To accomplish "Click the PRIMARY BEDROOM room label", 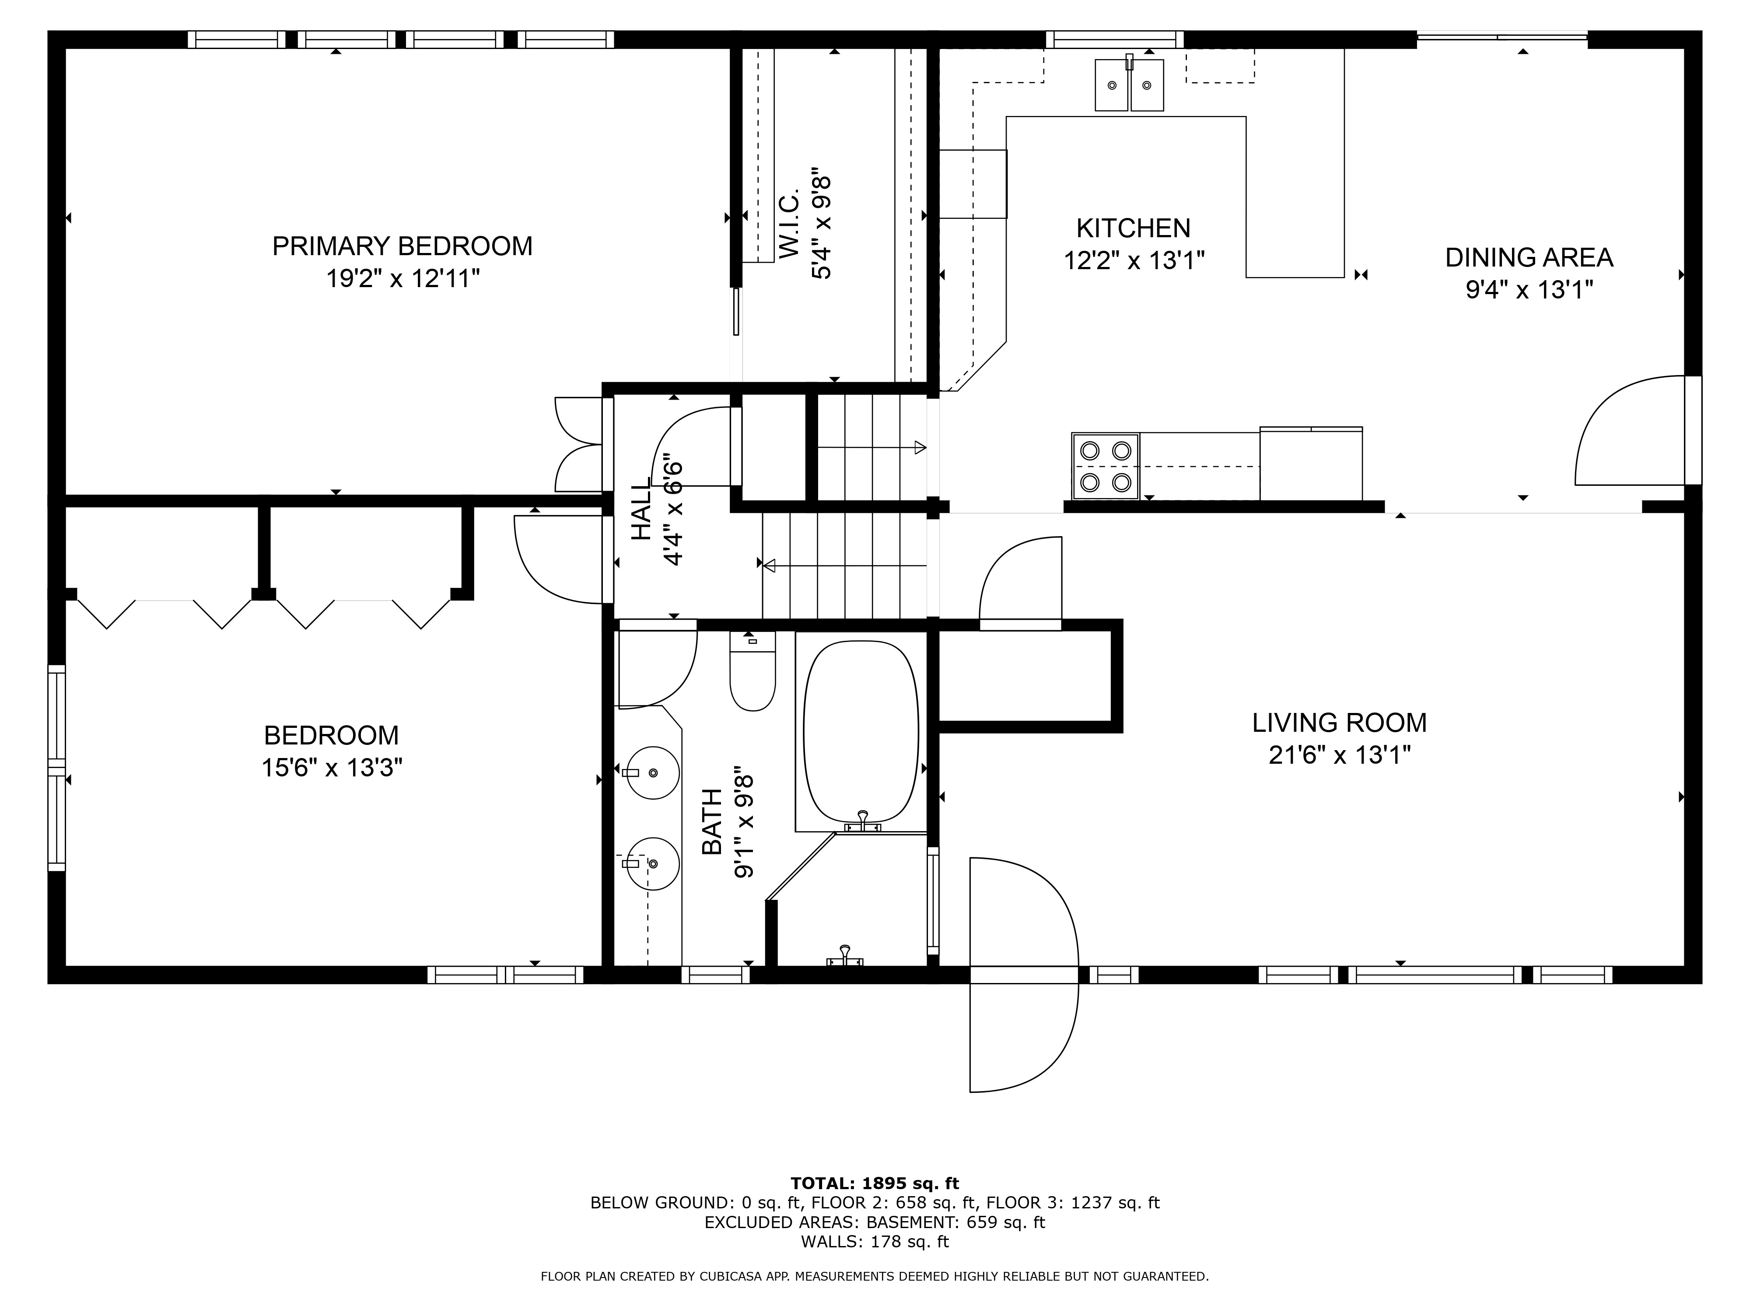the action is pyautogui.click(x=402, y=246).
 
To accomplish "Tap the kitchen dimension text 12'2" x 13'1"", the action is pyautogui.click(x=1134, y=260).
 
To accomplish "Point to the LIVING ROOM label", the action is pyautogui.click(x=1339, y=723).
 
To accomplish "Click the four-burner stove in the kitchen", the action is pyautogui.click(x=1105, y=466).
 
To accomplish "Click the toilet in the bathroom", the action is pyautogui.click(x=752, y=671).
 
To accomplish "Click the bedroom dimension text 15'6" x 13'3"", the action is pyautogui.click(x=332, y=768).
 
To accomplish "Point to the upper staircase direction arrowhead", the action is pyautogui.click(x=920, y=447).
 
